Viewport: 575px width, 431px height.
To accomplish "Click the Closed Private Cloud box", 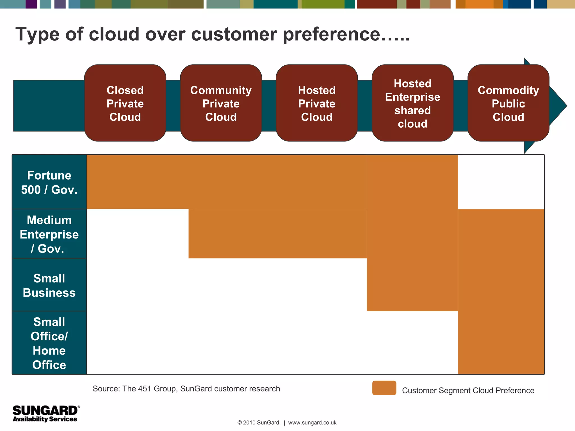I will click(125, 103).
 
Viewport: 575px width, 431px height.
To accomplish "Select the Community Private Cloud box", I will click(221, 103).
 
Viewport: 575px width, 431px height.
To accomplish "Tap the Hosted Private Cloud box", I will click(317, 103).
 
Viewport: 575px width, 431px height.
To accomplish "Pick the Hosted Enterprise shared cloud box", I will click(412, 103).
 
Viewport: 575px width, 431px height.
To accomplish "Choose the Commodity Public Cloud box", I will click(508, 103).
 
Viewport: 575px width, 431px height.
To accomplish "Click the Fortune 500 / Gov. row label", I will click(49, 182).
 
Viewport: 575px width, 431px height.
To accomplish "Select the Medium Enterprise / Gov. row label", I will click(49, 234).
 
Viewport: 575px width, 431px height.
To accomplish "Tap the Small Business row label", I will click(49, 285).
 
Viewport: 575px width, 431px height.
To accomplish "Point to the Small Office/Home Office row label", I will click(49, 343).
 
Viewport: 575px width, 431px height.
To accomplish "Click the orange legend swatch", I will click(384, 388).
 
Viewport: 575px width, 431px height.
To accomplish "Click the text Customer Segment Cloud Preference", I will click(468, 390).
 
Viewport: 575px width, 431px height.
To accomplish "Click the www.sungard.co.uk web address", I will click(312, 423).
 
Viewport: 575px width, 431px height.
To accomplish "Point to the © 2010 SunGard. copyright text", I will click(259, 423).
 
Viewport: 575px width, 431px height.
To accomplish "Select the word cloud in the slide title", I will click(114, 34).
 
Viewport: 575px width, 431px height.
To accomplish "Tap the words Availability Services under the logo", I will click(45, 419).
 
